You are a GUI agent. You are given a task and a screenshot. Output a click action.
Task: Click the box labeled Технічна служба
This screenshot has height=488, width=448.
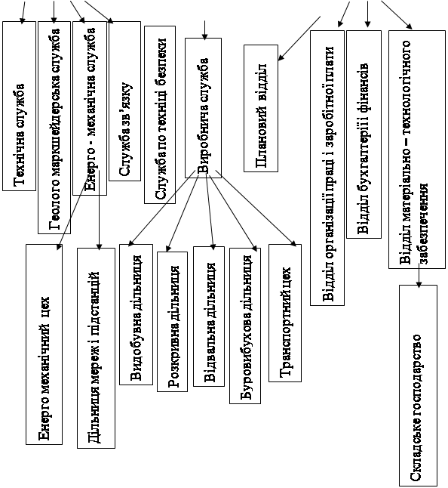click(x=20, y=106)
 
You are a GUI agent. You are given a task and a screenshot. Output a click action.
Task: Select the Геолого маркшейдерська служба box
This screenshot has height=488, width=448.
click(x=54, y=128)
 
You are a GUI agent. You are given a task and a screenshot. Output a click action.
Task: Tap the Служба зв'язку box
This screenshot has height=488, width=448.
click(x=124, y=101)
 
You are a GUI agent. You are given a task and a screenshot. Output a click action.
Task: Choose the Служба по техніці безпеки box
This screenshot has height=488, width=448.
click(x=160, y=115)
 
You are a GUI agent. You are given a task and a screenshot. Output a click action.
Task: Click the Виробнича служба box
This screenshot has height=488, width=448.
click(x=203, y=108)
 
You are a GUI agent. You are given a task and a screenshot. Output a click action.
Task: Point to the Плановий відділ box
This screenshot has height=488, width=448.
click(x=261, y=108)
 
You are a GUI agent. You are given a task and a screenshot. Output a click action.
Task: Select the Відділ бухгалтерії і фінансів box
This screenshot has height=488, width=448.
click(x=364, y=134)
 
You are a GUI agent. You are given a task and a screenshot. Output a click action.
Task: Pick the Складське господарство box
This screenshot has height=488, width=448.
click(x=418, y=385)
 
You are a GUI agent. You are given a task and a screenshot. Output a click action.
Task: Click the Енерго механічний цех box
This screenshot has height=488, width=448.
click(x=44, y=344)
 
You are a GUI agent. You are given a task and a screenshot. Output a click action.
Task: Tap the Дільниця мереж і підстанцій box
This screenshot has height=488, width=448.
click(x=96, y=348)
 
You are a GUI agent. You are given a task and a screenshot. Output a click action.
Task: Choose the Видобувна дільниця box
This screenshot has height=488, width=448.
click(x=136, y=314)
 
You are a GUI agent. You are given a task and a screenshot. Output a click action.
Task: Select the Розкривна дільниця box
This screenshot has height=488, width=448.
click(x=173, y=322)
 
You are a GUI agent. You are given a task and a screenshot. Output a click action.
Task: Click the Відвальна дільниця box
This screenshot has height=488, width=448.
click(x=209, y=317)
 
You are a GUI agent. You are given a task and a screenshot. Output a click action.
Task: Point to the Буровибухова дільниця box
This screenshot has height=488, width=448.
click(x=245, y=326)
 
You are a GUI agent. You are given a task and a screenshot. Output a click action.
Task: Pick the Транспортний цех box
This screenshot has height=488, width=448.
click(x=285, y=313)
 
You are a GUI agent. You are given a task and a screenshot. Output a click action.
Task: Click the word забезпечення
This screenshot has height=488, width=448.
click(x=424, y=223)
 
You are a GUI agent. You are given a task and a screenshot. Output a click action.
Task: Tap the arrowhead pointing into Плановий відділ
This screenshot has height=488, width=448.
click(x=281, y=57)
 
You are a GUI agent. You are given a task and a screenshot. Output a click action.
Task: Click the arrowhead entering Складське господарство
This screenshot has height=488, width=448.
click(x=419, y=285)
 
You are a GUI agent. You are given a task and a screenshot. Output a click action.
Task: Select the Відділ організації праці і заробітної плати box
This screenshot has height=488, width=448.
click(x=327, y=168)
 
